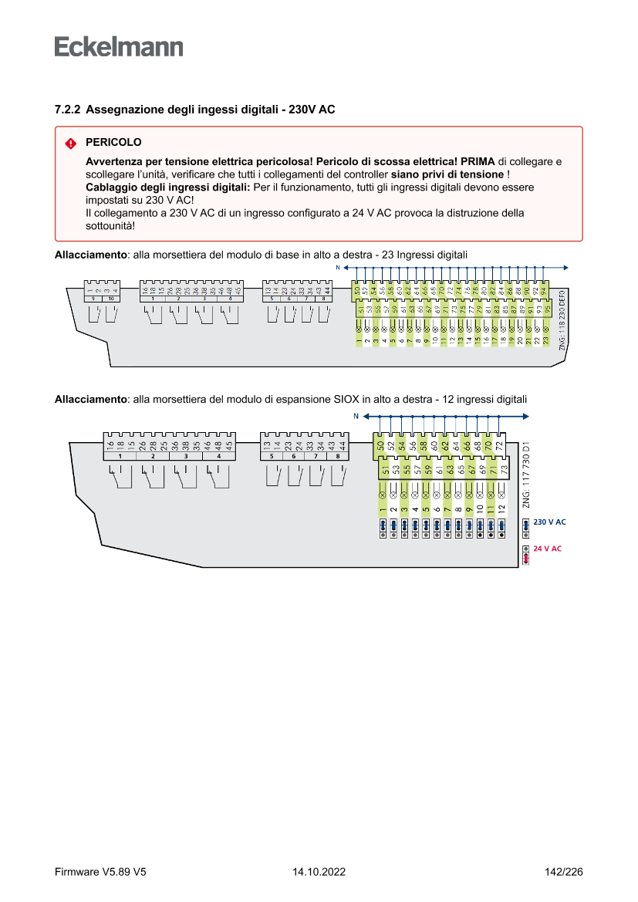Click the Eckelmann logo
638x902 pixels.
[119, 46]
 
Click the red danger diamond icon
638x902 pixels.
[70, 144]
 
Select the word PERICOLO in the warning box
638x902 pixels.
[113, 143]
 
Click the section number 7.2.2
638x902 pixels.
[67, 110]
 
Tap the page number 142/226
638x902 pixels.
[564, 873]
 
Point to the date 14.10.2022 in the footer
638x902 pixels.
[319, 873]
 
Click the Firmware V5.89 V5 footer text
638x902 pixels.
[100, 873]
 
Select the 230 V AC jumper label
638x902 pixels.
[549, 522]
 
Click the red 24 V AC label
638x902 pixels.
[548, 549]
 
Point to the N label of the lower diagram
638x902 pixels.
[356, 417]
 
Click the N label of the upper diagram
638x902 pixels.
[337, 267]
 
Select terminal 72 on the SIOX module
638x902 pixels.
[499, 445]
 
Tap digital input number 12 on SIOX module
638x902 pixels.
[501, 508]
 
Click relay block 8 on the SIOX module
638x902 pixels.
[337, 456]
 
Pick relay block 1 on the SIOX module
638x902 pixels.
[120, 456]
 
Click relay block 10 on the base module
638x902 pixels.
[111, 298]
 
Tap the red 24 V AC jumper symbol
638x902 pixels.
[526, 555]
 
